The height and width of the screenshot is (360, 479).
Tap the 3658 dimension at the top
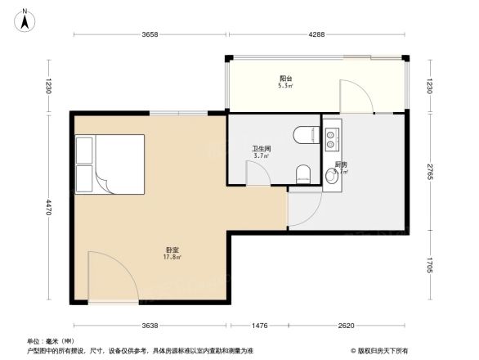coord(149,34)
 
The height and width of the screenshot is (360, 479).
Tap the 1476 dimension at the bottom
coord(258,326)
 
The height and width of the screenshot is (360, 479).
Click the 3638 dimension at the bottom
coord(149,326)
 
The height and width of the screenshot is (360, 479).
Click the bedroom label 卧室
coord(172,249)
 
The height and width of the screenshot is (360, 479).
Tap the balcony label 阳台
coord(285,79)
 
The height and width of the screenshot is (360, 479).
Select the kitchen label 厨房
coord(341,165)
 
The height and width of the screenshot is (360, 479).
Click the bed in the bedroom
coord(110,164)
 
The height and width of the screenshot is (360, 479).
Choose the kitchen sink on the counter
coord(332,140)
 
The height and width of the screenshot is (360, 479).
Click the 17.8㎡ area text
coord(172,257)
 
